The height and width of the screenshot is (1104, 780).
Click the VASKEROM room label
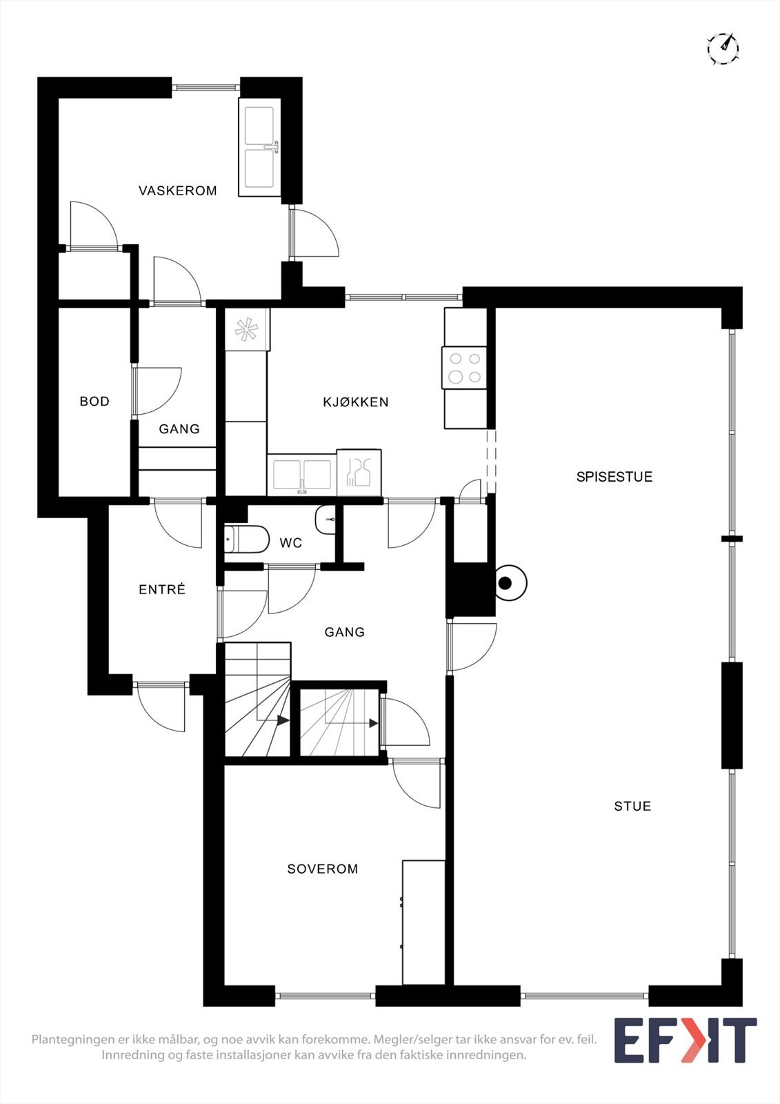pyautogui.click(x=177, y=190)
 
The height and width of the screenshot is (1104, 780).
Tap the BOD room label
pyautogui.click(x=94, y=401)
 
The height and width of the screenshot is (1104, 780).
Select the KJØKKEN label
pyautogui.click(x=355, y=402)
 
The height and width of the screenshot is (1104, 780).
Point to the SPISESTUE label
pyautogui.click(x=614, y=477)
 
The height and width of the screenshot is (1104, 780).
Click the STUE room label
pyautogui.click(x=632, y=806)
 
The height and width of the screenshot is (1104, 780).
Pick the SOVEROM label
pyautogui.click(x=323, y=869)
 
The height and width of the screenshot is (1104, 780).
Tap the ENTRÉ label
pyautogui.click(x=162, y=589)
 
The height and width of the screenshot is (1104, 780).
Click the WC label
pyautogui.click(x=290, y=543)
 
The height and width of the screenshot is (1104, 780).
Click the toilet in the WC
pyautogui.click(x=246, y=540)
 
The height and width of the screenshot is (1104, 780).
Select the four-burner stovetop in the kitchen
pyautogui.click(x=464, y=368)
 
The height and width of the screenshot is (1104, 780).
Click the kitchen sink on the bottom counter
pyautogui.click(x=302, y=475)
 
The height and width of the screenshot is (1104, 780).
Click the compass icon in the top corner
pyautogui.click(x=723, y=48)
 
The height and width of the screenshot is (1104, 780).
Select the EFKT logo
pyautogui.click(x=685, y=1040)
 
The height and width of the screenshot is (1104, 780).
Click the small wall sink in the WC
pyautogui.click(x=325, y=520)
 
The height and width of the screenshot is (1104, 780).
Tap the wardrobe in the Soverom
pyautogui.click(x=423, y=922)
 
